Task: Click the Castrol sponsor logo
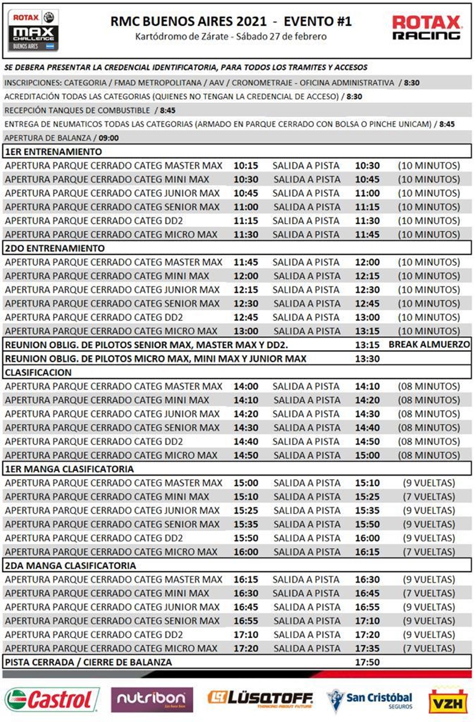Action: [x=51, y=700]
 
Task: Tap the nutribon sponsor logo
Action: [x=152, y=699]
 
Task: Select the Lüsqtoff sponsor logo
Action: [x=260, y=699]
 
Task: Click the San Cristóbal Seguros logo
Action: [x=370, y=699]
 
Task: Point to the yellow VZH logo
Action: [x=448, y=701]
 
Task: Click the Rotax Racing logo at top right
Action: [x=426, y=28]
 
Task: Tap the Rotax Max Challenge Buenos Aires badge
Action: [x=33, y=30]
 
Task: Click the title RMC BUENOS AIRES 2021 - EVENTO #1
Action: [x=231, y=21]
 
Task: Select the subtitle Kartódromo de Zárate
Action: [x=231, y=37]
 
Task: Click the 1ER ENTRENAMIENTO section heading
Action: [x=53, y=152]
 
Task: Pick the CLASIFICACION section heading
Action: [x=38, y=372]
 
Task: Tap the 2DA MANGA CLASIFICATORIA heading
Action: [x=71, y=566]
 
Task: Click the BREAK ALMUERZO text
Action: [x=429, y=345]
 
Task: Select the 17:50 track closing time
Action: [x=367, y=662]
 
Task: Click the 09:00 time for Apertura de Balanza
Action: [x=109, y=138]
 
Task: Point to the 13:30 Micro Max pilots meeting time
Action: [x=367, y=359]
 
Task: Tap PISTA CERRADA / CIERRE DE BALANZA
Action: [x=89, y=662]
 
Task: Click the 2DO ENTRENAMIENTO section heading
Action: [x=55, y=249]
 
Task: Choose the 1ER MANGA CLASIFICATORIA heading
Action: [x=70, y=469]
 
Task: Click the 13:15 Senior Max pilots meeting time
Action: [x=367, y=345]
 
